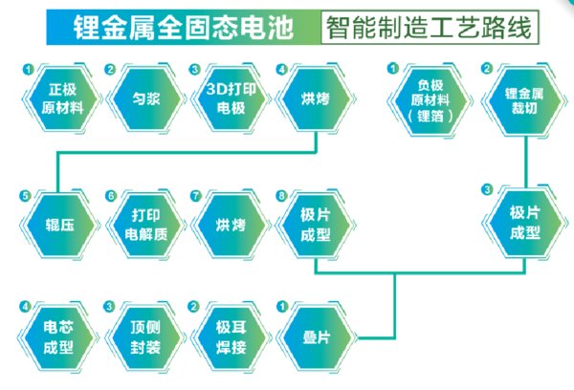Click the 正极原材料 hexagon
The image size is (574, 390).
(x=62, y=98)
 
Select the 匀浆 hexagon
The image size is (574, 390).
(x=146, y=98)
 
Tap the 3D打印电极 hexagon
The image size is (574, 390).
(x=231, y=98)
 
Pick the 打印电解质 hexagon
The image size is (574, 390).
(x=146, y=225)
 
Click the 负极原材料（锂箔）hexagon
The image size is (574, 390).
(x=430, y=100)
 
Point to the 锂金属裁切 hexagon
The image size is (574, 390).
(x=524, y=100)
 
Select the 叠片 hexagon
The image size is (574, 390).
(x=317, y=337)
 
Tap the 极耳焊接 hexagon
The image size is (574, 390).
(x=231, y=337)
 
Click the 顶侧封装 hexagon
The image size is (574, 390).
(x=145, y=337)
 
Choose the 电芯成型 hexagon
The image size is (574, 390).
(x=58, y=337)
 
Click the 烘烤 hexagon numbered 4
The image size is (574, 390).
(x=316, y=98)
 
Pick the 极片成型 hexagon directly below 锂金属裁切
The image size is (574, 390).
(x=525, y=223)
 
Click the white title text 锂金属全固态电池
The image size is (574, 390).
(x=183, y=28)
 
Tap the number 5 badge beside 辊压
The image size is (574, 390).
(x=25, y=196)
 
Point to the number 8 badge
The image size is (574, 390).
(x=281, y=196)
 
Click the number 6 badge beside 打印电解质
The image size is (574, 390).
(x=111, y=196)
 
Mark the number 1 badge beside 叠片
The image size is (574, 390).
(x=282, y=307)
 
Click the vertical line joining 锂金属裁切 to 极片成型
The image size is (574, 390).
(x=526, y=162)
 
